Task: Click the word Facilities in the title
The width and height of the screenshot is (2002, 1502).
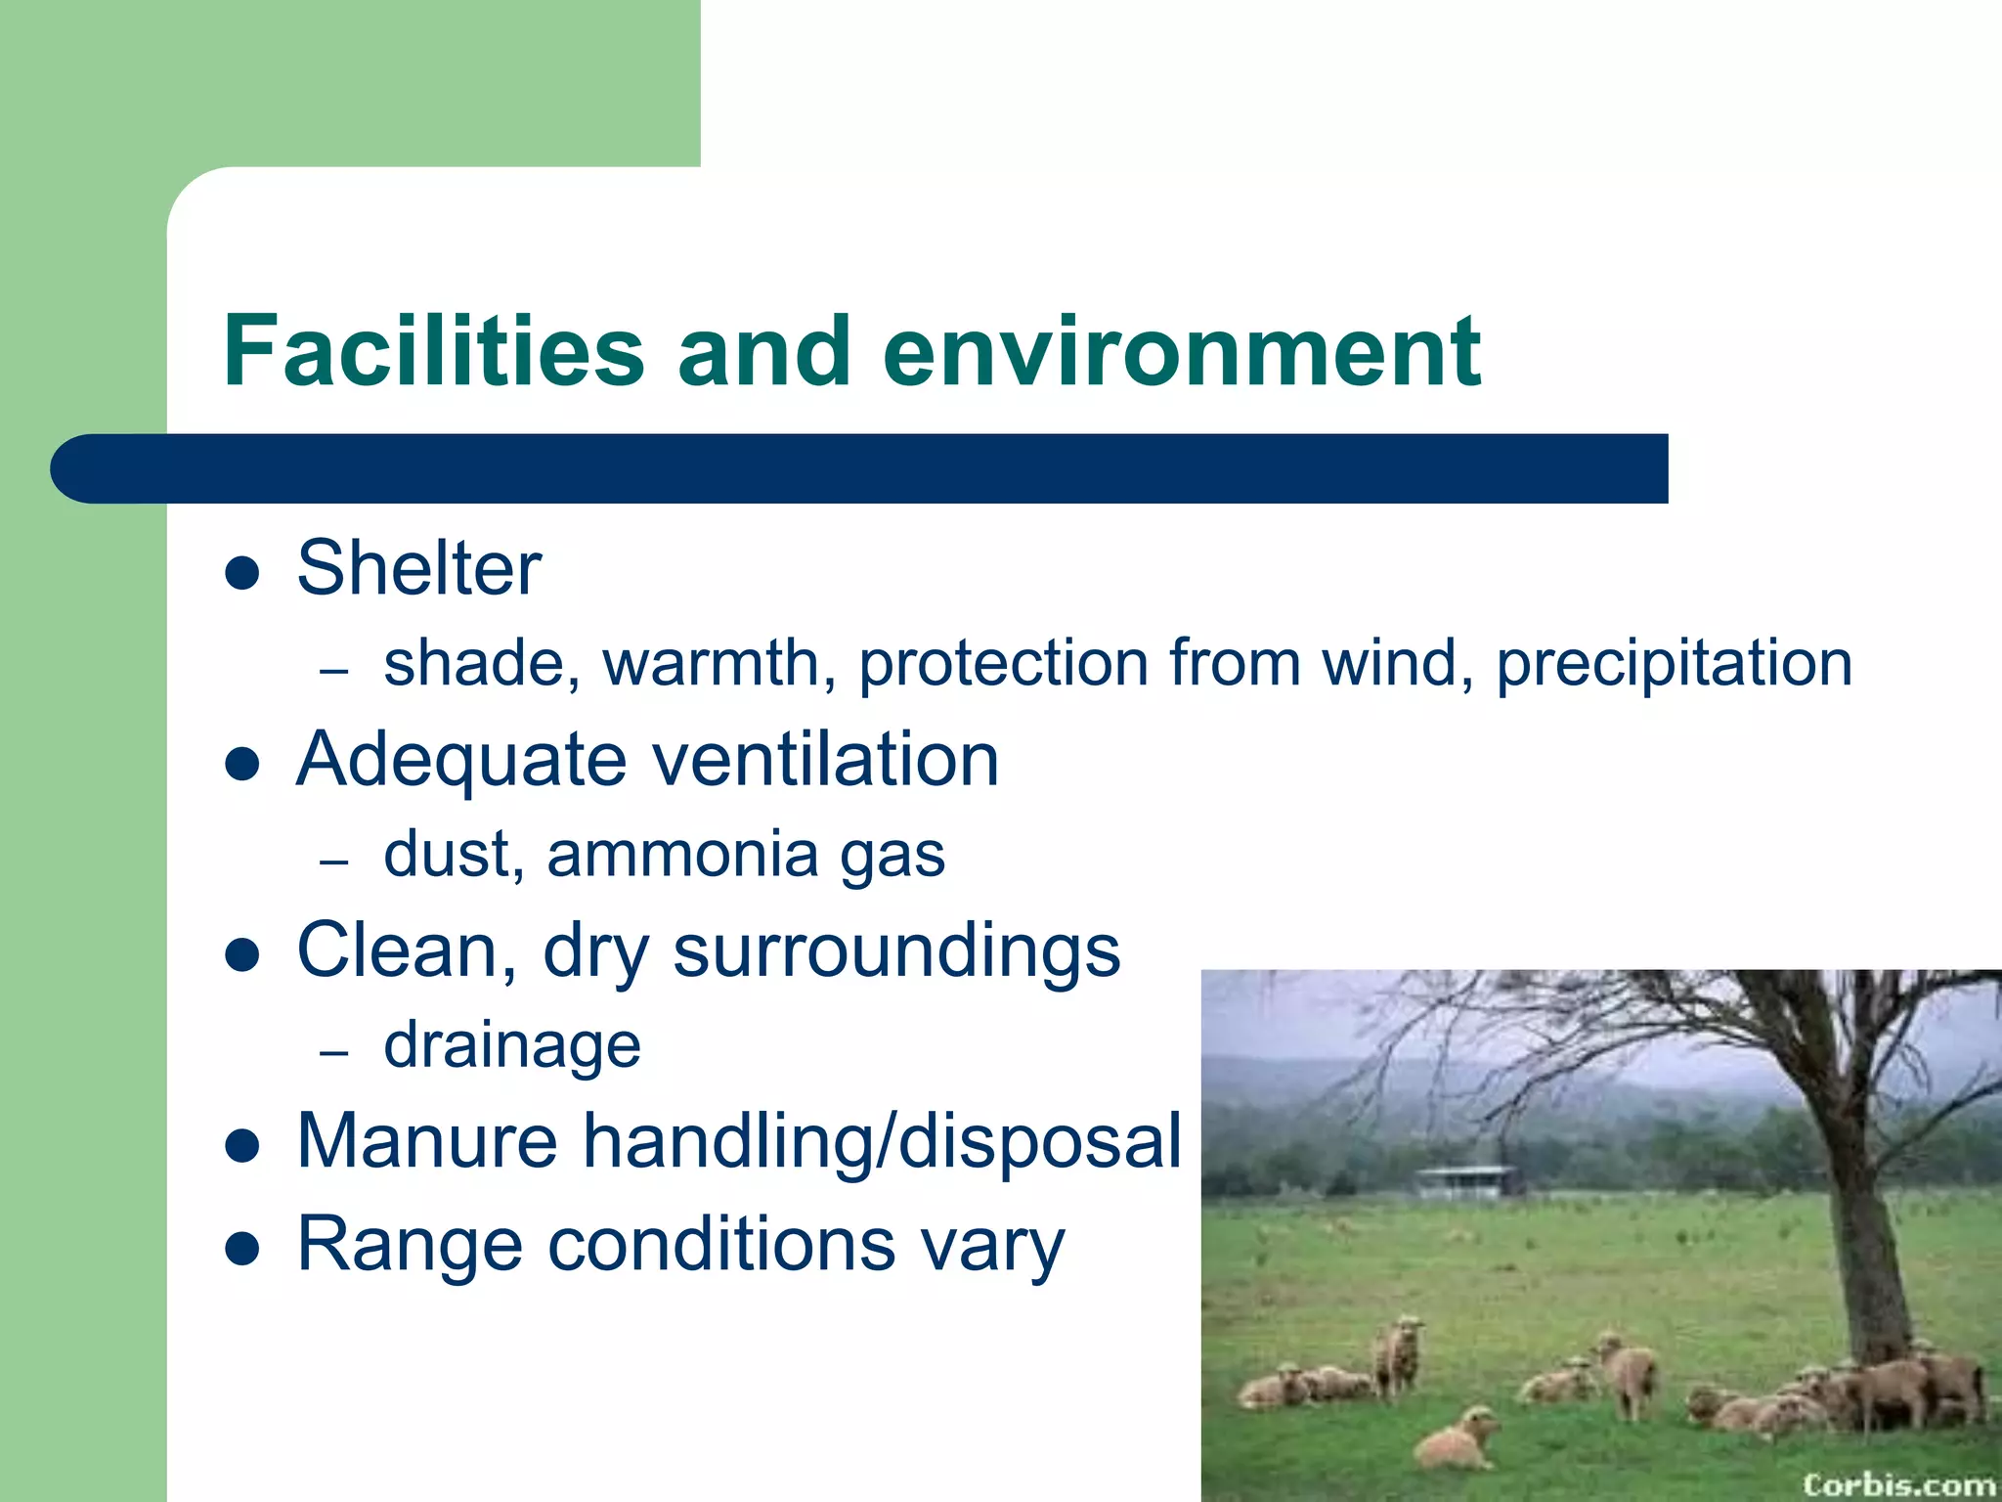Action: point(433,351)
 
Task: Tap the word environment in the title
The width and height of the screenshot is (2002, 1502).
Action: point(1181,351)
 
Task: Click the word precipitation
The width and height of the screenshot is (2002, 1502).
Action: point(1674,664)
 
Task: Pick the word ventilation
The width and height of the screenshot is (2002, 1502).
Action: point(826,760)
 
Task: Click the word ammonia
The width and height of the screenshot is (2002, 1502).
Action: point(682,855)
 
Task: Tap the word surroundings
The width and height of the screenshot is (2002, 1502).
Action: point(896,950)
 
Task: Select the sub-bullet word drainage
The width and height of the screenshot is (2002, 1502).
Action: point(512,1045)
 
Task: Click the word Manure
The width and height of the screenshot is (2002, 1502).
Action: point(427,1141)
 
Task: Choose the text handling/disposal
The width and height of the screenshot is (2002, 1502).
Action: point(883,1141)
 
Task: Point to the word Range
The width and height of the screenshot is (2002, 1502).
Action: point(410,1245)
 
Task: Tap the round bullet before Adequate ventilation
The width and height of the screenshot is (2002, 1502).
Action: point(241,764)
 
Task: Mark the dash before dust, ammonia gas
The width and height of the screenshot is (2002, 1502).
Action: point(334,861)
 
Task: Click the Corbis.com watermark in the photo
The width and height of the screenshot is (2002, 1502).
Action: point(1897,1484)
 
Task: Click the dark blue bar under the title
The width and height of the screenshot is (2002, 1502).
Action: point(860,469)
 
